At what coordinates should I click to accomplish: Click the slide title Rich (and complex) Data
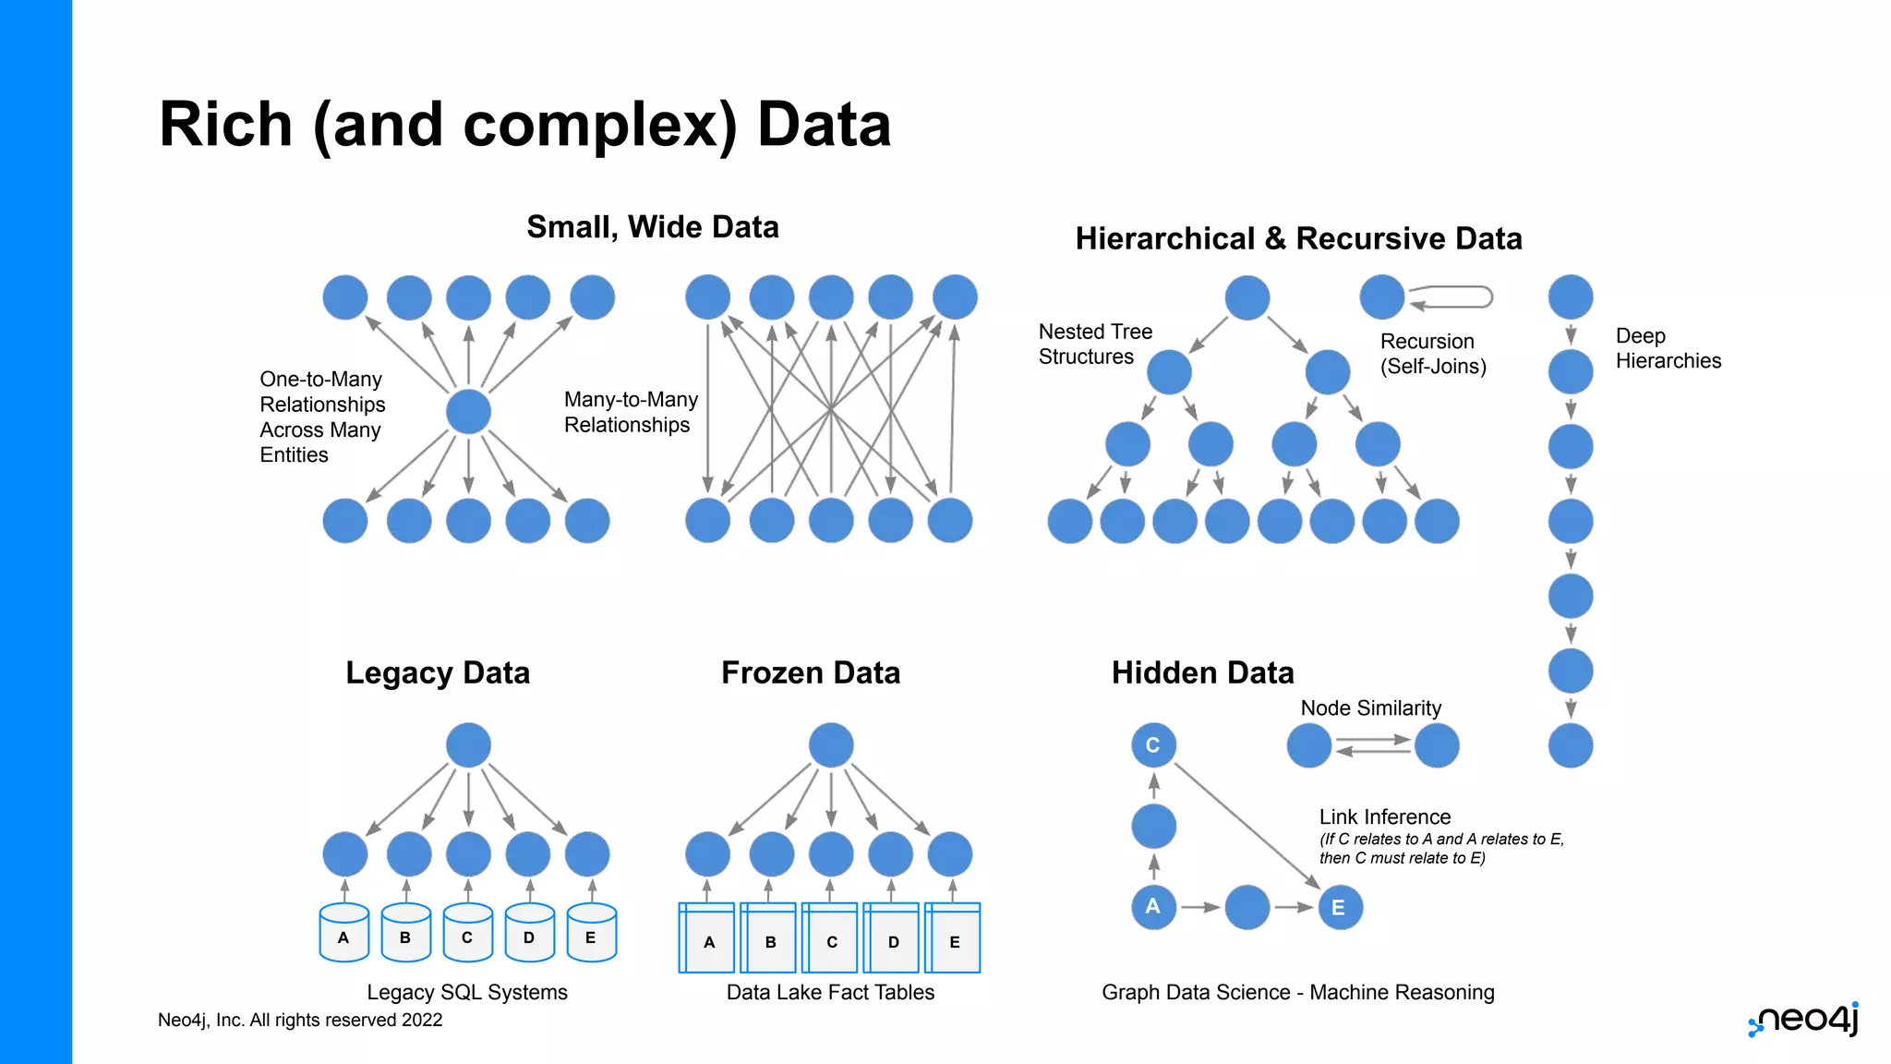coord(524,125)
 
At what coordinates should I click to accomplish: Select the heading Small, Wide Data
coord(652,227)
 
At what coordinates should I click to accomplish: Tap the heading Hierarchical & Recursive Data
coord(1297,239)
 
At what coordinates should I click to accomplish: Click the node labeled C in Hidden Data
coord(1153,745)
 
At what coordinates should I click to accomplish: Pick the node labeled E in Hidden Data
coord(1339,908)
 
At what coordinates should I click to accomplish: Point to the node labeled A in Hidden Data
coord(1153,907)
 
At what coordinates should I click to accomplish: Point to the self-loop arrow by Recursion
coord(1451,297)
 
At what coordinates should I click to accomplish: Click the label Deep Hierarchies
coord(1668,348)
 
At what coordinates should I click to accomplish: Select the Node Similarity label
coord(1370,708)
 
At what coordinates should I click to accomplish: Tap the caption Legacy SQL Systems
coord(467,992)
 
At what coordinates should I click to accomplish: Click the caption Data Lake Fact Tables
coord(830,992)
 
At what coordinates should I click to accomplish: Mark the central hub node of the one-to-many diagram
coord(468,412)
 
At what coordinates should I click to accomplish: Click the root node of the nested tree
coord(1247,298)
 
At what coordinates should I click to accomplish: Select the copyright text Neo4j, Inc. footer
coord(300,1020)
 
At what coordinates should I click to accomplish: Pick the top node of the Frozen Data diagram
coord(831,745)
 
